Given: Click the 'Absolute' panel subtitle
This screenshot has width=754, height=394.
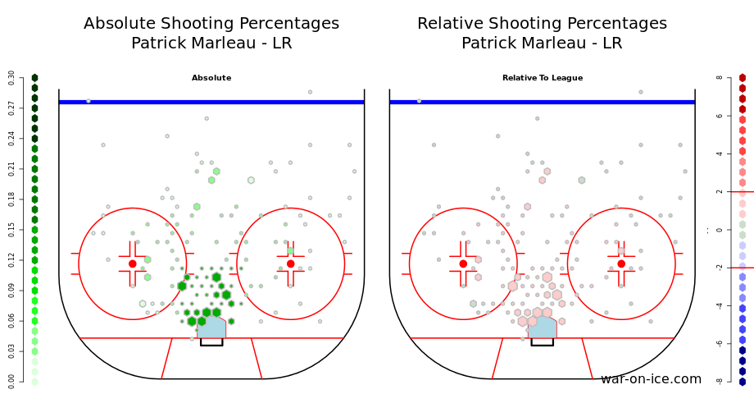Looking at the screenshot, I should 211,78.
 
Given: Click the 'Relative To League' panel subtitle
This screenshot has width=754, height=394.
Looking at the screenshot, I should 543,78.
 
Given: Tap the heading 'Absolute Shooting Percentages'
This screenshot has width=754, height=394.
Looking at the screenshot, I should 211,24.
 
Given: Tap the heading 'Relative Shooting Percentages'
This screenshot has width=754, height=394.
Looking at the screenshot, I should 542,24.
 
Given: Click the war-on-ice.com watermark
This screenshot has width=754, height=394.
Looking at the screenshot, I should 651,379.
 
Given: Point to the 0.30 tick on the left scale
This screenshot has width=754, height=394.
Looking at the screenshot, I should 11,78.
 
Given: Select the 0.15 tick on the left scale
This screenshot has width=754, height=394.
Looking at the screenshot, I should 11,230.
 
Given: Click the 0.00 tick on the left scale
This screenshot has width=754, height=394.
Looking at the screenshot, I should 11,381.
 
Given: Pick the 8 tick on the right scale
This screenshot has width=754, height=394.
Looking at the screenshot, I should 720,78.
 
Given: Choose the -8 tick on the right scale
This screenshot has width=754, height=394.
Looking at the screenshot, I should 719,381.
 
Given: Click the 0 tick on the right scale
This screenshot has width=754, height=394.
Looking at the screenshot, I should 720,230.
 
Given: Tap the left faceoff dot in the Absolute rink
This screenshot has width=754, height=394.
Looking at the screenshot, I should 132,263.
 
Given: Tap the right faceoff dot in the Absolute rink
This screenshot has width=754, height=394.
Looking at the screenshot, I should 290,263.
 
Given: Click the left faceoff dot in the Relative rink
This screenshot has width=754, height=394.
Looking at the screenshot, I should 463,263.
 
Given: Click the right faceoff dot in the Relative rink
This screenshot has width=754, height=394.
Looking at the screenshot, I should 621,263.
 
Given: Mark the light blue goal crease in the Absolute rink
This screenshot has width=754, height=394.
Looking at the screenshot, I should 211,328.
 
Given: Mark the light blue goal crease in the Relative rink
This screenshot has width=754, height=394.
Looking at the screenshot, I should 543,328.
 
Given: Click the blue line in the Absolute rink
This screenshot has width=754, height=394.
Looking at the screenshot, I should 211,102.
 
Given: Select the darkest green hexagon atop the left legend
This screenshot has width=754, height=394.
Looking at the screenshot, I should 34,78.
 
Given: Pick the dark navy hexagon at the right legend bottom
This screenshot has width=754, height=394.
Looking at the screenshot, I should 743,381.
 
